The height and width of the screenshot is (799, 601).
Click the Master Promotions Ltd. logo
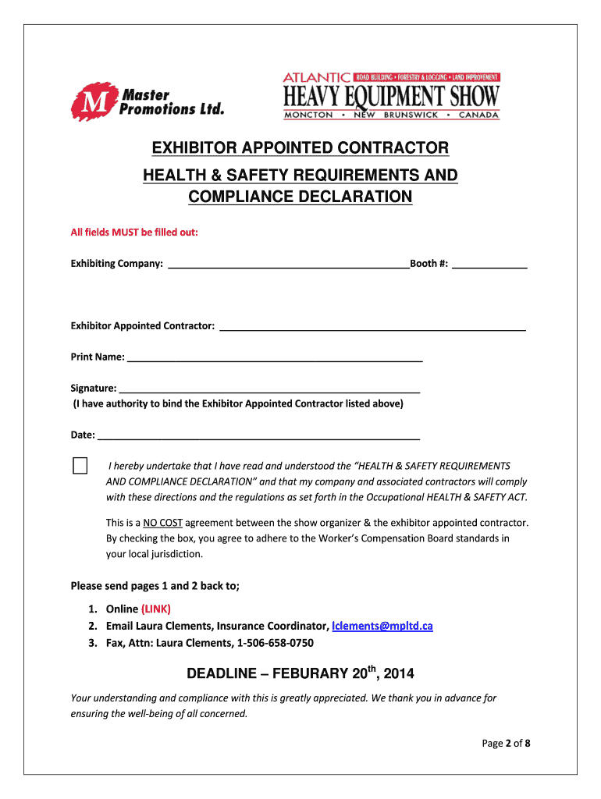tap(147, 101)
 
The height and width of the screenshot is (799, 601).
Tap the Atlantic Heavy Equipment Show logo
tap(391, 96)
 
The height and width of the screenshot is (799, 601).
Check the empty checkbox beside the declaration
tap(80, 466)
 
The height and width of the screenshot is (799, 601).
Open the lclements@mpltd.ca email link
tap(382, 626)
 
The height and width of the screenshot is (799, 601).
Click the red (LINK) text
tap(156, 609)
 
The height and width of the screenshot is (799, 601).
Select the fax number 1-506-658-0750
tap(270, 643)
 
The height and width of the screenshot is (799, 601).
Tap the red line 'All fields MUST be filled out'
tap(134, 233)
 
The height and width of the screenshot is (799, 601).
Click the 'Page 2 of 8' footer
tap(506, 743)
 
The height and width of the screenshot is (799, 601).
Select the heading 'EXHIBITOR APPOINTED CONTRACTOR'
tap(300, 148)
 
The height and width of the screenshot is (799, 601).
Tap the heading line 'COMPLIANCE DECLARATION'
tap(300, 197)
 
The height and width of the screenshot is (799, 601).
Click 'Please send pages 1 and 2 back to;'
tap(155, 586)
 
